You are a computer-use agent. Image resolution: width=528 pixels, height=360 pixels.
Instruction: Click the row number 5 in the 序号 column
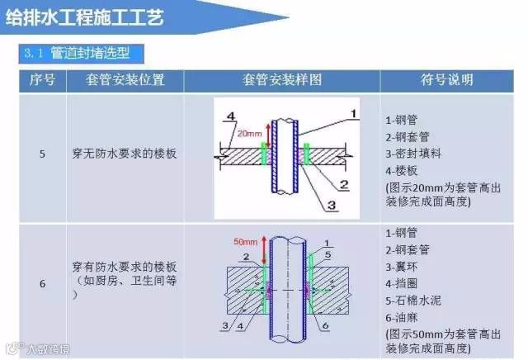pos(42,154)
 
